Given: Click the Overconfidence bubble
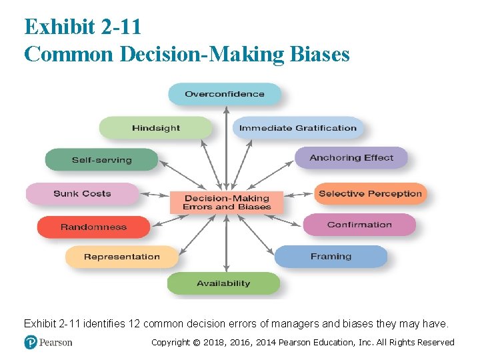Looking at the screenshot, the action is pos(225,94).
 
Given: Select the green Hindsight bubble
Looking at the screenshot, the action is pos(156,128).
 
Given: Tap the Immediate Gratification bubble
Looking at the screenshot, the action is pos(298,128).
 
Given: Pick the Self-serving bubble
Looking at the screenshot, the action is pos(102,160).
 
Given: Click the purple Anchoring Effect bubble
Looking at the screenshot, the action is pos(351,158).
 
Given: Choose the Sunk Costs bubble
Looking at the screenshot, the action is pos(82,194).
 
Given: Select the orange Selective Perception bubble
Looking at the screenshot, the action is pos(370,194).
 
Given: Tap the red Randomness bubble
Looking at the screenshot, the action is pos(93,227).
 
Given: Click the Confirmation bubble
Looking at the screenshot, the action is pos(359,225).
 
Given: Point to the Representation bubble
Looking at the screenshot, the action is pos(122,257).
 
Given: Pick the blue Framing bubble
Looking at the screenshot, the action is pos(331,257).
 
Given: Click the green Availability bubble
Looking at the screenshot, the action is pos(223,283).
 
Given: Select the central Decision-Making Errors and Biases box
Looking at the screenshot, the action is pos(227,202).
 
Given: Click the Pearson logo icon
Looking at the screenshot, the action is pos(31,342).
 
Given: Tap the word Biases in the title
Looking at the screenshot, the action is pos(320,54).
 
